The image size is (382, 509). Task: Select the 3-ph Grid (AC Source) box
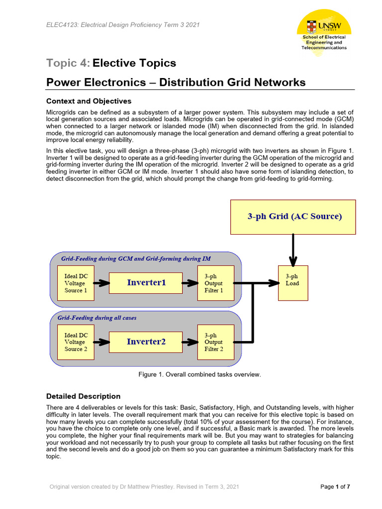pyautogui.click(x=293, y=217)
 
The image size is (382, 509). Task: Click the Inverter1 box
pyautogui.click(x=146, y=283)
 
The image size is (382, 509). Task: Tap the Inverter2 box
pyautogui.click(x=146, y=341)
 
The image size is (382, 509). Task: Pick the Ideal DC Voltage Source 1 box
pyautogui.click(x=76, y=283)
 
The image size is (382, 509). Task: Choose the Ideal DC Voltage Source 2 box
pyautogui.click(x=76, y=341)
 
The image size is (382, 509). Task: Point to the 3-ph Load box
pyautogui.click(x=293, y=283)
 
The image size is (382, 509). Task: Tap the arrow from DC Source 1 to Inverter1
pyautogui.click(x=101, y=283)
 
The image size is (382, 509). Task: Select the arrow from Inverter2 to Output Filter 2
pyautogui.click(x=190, y=341)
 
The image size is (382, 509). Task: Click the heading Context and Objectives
pyautogui.click(x=89, y=101)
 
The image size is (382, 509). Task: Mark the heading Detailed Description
pyautogui.click(x=83, y=396)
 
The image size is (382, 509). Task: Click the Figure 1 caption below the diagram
pyautogui.click(x=199, y=374)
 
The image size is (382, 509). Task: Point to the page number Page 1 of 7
pyautogui.click(x=335, y=487)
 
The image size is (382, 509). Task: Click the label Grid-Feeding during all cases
pyautogui.click(x=97, y=318)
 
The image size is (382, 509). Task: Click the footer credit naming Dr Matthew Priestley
pyautogui.click(x=144, y=487)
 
